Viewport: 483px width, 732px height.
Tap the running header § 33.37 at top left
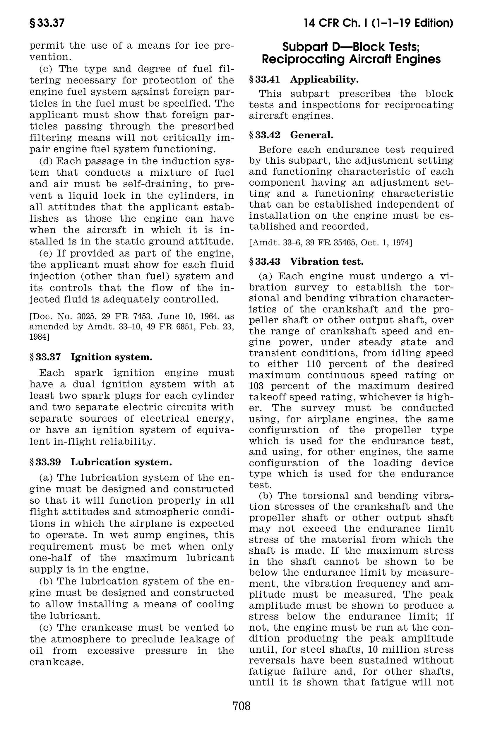[47, 23]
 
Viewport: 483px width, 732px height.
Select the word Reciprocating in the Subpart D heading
[309, 59]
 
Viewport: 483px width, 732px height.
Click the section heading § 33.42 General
[291, 135]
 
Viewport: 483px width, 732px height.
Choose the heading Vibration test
[327, 261]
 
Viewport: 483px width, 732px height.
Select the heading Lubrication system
[121, 462]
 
